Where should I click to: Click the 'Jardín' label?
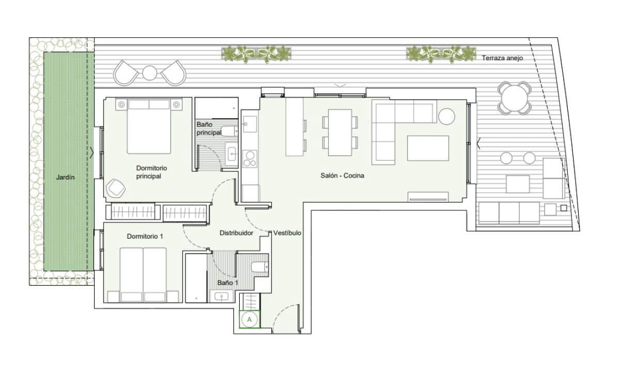tap(66, 178)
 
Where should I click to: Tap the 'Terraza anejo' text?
tap(502, 58)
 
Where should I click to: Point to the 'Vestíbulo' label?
tap(287, 233)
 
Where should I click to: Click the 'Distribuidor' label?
tap(236, 233)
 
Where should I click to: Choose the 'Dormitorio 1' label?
tap(145, 237)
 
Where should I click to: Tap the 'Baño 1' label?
tap(227, 282)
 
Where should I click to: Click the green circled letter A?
tap(250, 320)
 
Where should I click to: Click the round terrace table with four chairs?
tap(515, 97)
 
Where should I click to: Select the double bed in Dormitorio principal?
tap(149, 127)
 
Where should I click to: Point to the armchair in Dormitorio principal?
tap(116, 188)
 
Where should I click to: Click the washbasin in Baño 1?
tap(223, 296)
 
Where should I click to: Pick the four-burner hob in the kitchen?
tap(250, 159)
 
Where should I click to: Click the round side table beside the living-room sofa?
tap(446, 116)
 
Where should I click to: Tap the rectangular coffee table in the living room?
tap(428, 148)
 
